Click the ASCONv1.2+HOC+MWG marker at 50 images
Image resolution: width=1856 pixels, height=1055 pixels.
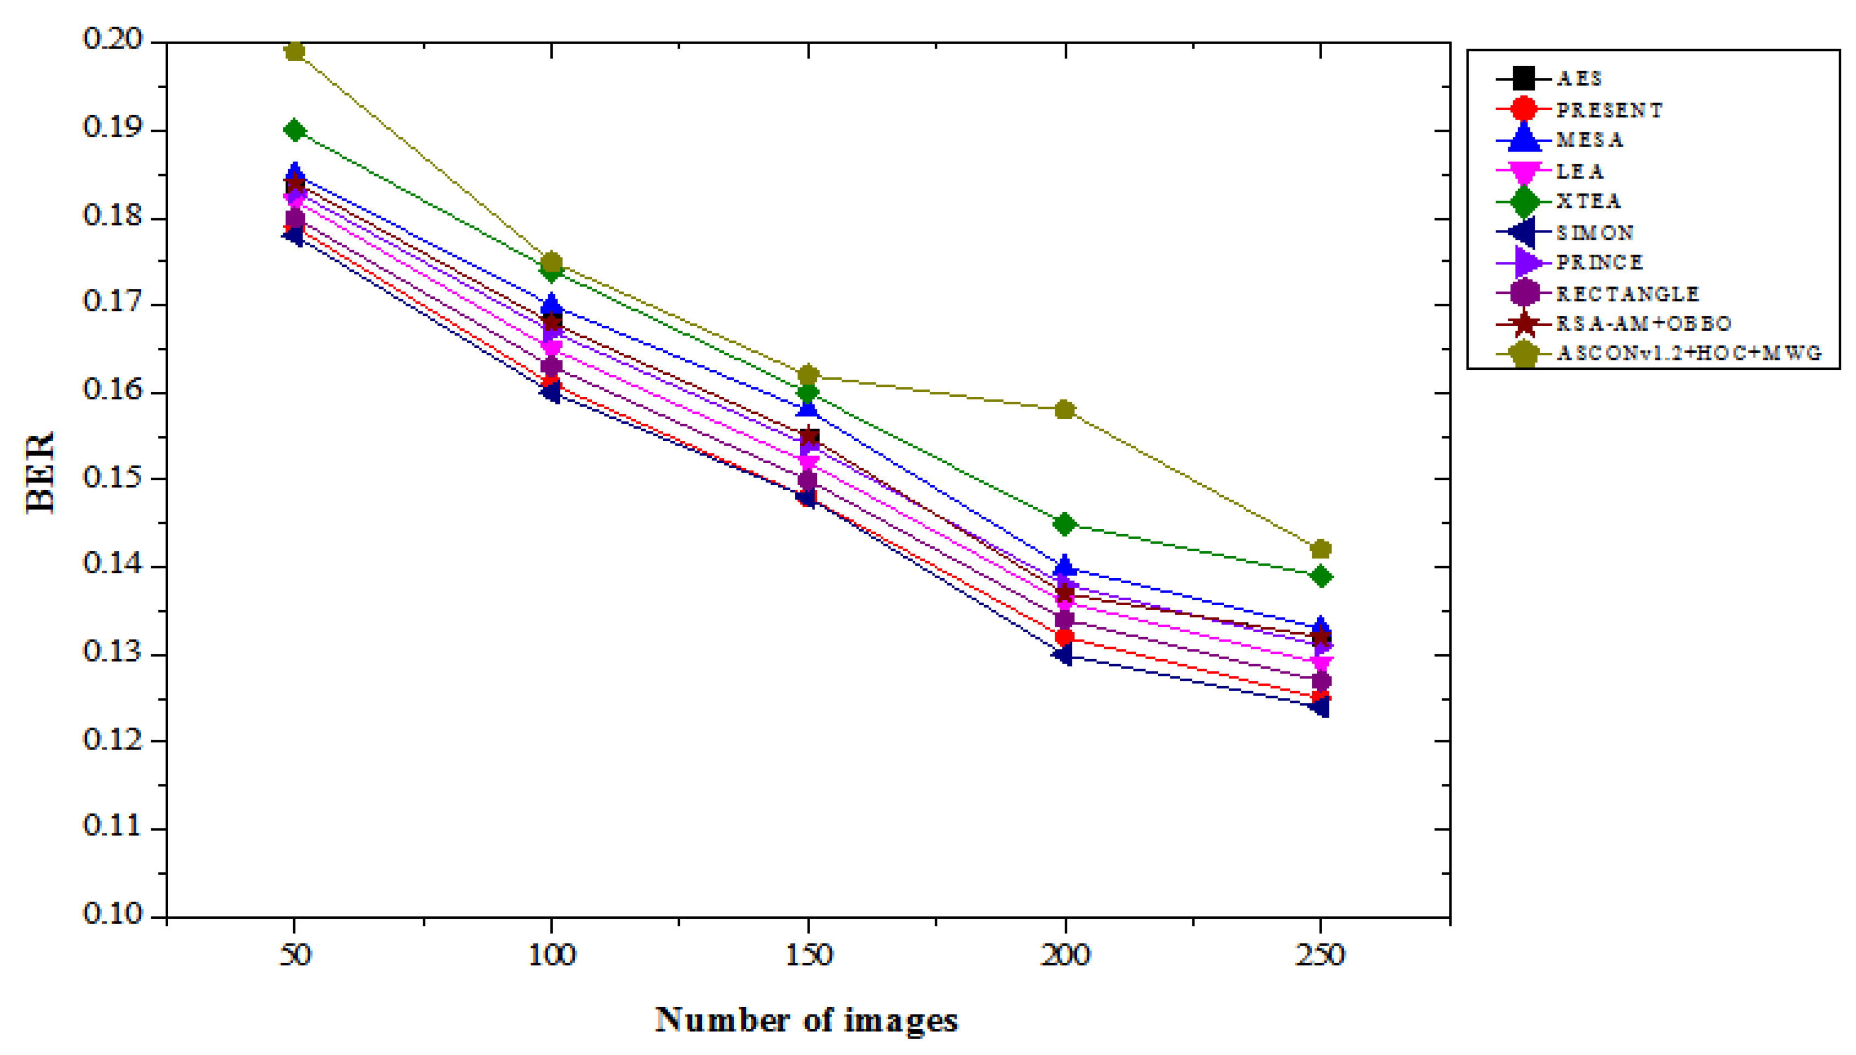[x=294, y=51]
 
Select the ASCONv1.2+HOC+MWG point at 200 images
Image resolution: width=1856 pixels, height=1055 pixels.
[x=1064, y=410]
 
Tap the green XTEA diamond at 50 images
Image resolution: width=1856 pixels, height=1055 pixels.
[x=294, y=131]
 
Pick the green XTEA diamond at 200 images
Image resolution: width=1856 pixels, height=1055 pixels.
[x=1064, y=523]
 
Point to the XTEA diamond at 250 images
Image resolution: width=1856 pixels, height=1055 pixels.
[x=1321, y=577]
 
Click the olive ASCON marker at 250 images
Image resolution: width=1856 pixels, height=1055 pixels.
[x=1321, y=549]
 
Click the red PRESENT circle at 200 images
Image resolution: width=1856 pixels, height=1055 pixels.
[x=1064, y=638]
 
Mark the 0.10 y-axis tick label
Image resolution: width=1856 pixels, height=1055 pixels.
[x=113, y=914]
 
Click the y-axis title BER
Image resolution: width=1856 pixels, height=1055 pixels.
[x=41, y=472]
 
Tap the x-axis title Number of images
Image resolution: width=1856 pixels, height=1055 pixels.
[x=806, y=1020]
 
